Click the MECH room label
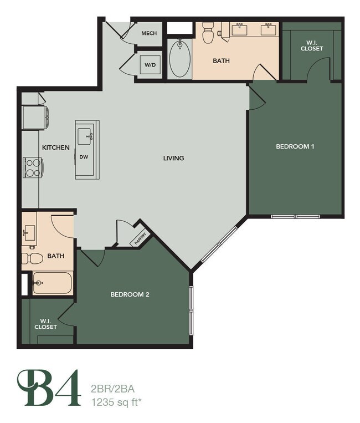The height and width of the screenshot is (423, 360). tap(149, 33)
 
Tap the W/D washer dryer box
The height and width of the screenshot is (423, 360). tap(150, 64)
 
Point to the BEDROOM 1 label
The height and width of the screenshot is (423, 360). tap(295, 146)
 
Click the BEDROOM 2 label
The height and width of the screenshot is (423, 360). tap(130, 294)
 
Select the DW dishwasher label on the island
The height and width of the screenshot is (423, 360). tap(84, 157)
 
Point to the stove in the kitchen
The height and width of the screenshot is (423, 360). tap(32, 167)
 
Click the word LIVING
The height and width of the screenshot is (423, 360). tap(173, 158)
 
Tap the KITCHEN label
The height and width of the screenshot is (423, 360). tap(56, 147)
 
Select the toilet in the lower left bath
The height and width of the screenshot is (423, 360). tap(32, 258)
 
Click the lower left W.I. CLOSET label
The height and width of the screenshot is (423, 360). tap(45, 324)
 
